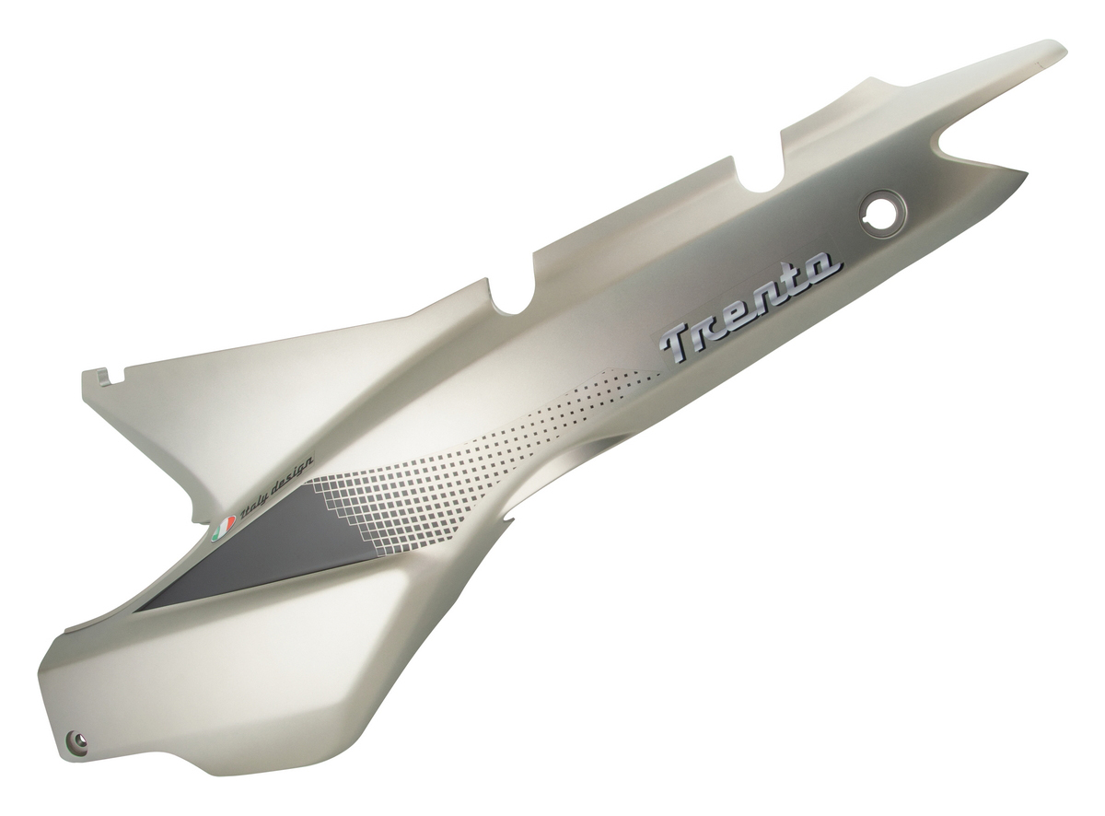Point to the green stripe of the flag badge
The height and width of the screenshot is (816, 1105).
pyautogui.click(x=215, y=535)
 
